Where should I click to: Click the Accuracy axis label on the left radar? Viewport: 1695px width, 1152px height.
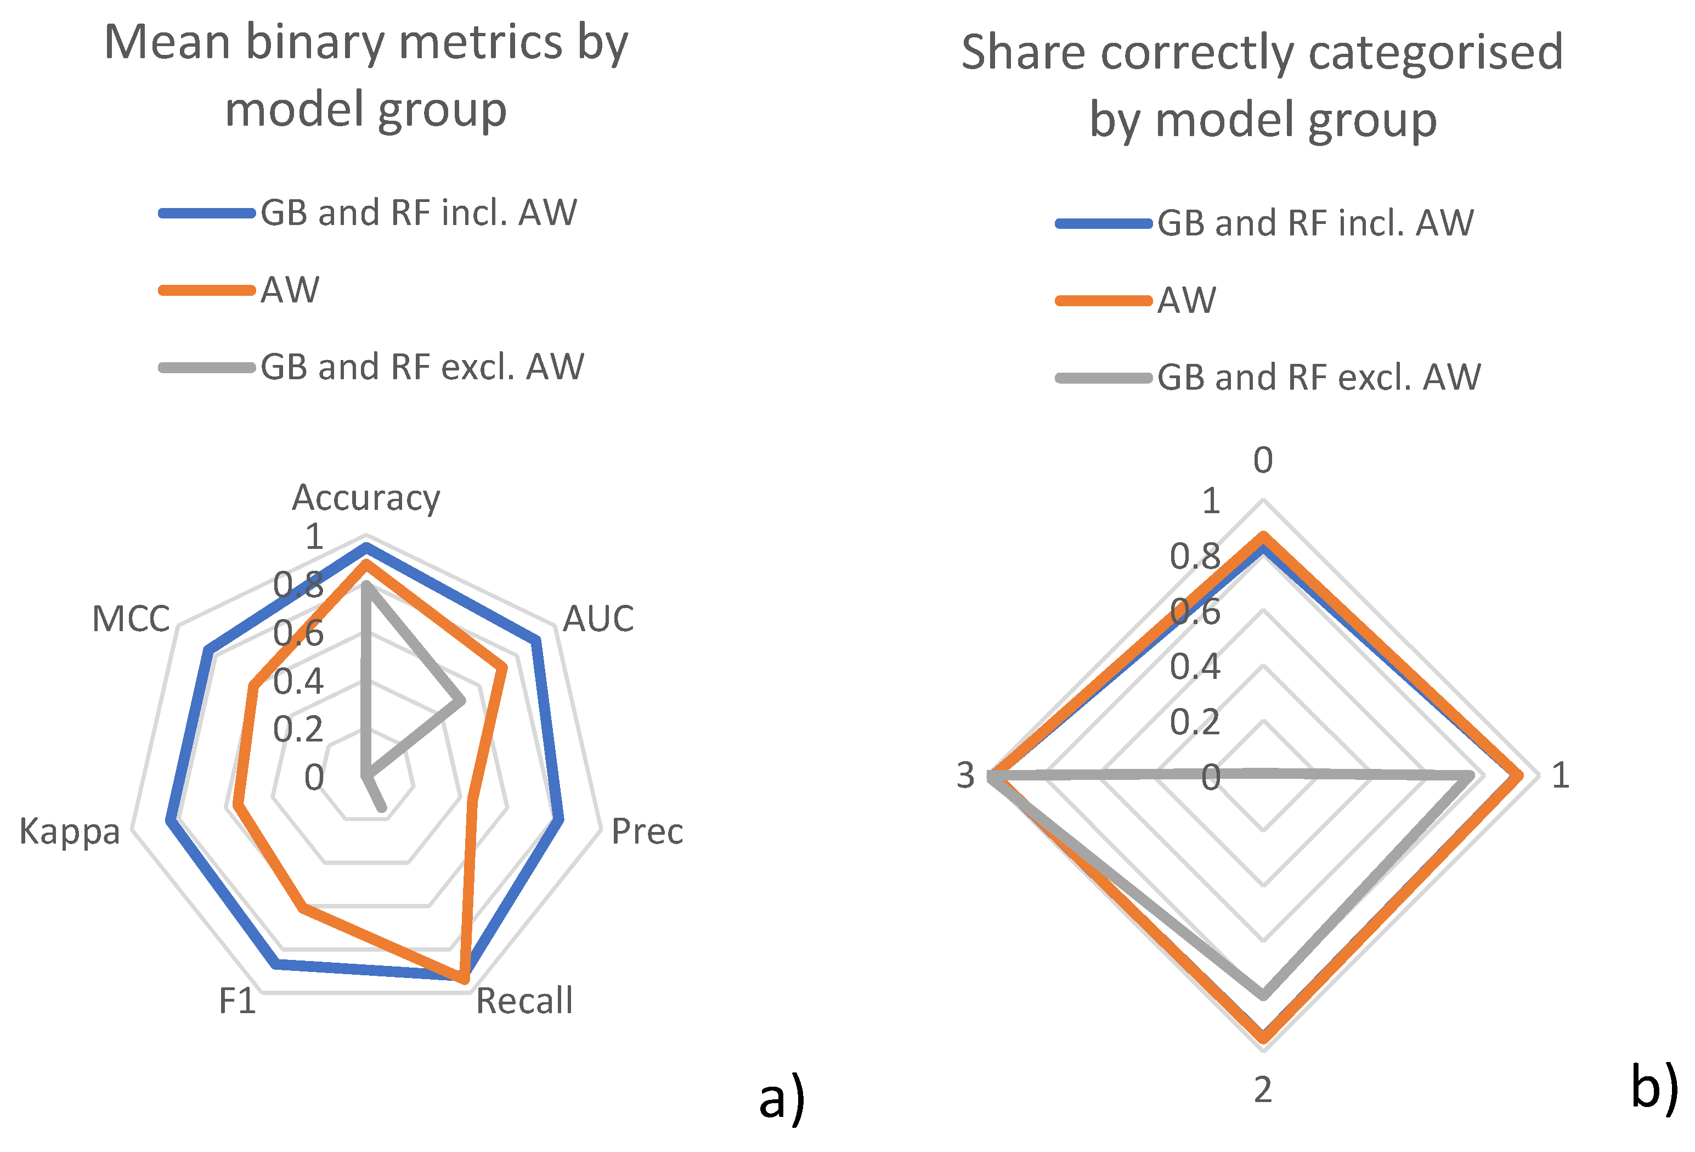click(365, 498)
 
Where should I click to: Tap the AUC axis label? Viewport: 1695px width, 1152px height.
click(598, 619)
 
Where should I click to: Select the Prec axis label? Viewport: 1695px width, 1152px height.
click(647, 831)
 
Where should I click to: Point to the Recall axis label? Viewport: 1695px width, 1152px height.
click(524, 1001)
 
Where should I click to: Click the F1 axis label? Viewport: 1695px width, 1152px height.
click(237, 1001)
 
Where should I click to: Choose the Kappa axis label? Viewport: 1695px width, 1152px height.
click(70, 831)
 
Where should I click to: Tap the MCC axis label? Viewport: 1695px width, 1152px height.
click(131, 619)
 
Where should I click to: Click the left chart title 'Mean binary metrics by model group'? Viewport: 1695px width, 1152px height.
click(365, 75)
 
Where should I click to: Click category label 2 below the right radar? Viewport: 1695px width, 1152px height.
click(1263, 1090)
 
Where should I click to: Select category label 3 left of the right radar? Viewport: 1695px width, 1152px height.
click(965, 776)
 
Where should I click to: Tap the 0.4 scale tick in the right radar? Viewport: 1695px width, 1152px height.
click(1195, 666)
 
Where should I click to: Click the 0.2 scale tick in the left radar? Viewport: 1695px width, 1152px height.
click(297, 729)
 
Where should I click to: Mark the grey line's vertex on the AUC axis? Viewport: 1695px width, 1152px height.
click(460, 701)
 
